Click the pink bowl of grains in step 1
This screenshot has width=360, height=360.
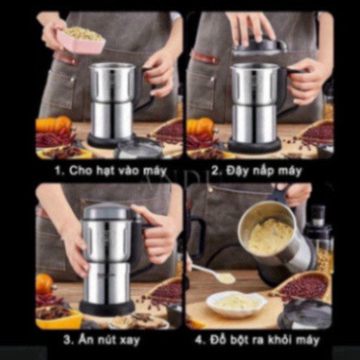tap(80, 41)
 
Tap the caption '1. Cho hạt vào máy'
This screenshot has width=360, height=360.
tap(110, 170)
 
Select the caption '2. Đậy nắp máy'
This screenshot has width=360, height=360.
tap(256, 171)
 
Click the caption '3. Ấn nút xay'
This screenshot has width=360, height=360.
tap(101, 339)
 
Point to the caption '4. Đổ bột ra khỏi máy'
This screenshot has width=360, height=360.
tap(257, 339)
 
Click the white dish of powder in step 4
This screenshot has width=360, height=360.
tap(236, 304)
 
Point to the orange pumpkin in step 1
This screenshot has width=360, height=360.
tap(53, 124)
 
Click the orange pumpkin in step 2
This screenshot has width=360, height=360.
tap(200, 126)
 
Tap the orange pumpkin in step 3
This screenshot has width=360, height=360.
tap(44, 284)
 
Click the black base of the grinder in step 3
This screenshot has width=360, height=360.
tap(107, 308)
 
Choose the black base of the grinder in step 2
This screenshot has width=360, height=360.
tap(254, 145)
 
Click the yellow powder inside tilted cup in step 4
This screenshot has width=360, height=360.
tap(270, 236)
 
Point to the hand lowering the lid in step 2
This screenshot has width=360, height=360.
tap(251, 27)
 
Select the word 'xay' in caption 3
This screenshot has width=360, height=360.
tap(129, 340)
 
